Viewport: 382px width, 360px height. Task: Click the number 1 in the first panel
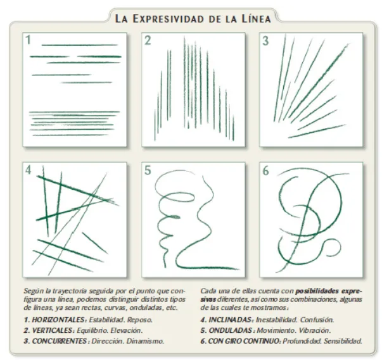[29, 40]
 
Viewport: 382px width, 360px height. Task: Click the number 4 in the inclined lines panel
[29, 170]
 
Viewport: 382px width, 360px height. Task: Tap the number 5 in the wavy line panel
[148, 170]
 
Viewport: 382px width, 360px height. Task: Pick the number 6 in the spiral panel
[266, 170]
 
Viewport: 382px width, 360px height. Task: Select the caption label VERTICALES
[53, 330]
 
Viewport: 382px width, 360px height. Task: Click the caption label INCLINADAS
[231, 320]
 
